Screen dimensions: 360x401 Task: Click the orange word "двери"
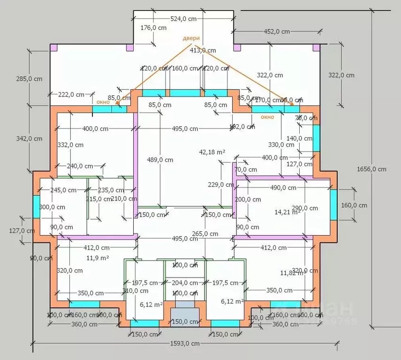(x=191, y=38)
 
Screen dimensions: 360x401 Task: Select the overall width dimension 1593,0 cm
(x=185, y=344)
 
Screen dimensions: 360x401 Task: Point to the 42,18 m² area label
(x=212, y=152)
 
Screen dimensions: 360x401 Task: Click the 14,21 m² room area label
(x=287, y=212)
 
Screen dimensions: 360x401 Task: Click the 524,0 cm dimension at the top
(x=183, y=18)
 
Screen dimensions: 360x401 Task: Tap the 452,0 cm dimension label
(x=276, y=31)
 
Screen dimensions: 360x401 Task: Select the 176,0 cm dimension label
(x=153, y=28)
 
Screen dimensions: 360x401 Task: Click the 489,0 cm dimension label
(x=160, y=160)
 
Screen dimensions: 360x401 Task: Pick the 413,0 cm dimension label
(x=203, y=50)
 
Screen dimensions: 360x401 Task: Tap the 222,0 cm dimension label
(x=72, y=94)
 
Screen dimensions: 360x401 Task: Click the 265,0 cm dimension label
(x=205, y=234)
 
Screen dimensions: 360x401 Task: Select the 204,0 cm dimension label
(x=185, y=283)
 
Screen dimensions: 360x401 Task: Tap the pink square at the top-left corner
(x=53, y=47)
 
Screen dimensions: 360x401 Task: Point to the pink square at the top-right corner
(x=316, y=47)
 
